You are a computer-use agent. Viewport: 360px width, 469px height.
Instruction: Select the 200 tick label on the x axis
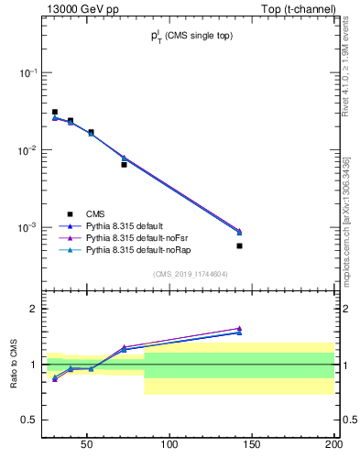pos(333,445)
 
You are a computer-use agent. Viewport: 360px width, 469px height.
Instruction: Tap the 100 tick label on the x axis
pos(169,445)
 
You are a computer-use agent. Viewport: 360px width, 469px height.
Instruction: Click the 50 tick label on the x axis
pos(87,445)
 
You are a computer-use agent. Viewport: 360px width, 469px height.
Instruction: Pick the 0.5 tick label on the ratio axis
pos(28,420)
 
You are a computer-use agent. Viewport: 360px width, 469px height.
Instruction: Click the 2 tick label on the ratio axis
pos(32,309)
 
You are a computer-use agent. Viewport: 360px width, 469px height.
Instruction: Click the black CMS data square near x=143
pos(239,245)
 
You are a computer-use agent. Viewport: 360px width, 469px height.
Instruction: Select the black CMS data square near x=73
pos(124,165)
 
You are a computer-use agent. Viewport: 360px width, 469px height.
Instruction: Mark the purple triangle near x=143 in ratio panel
pos(239,328)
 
